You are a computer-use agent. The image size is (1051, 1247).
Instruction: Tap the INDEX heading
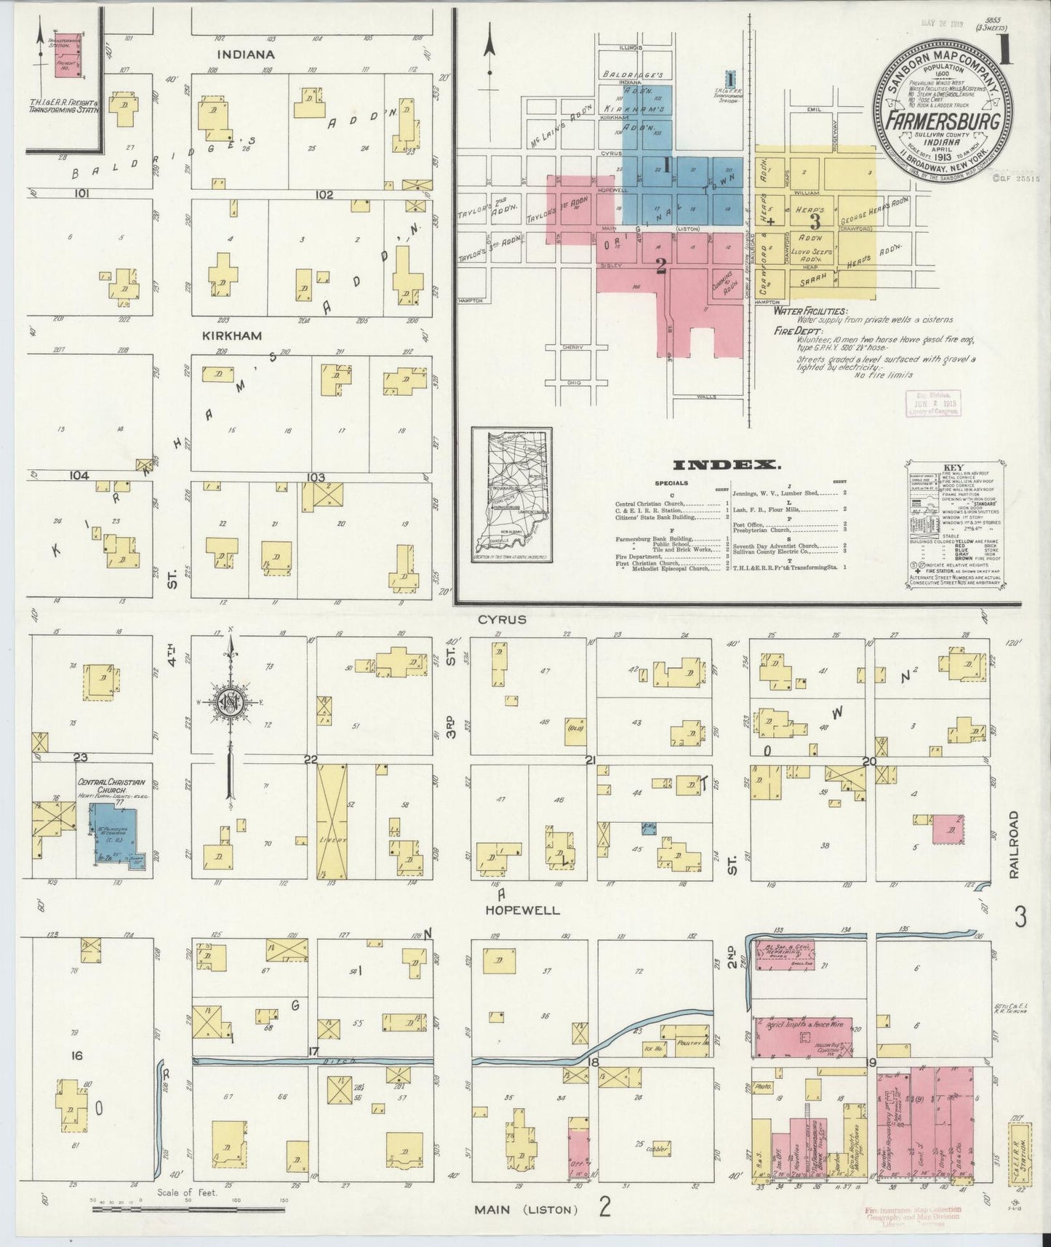[x=727, y=465]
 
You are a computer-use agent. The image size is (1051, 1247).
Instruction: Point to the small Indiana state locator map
[x=510, y=495]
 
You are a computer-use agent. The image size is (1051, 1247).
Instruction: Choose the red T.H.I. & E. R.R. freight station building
[x=66, y=55]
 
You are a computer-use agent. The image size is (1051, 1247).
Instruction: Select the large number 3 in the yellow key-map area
[x=815, y=220]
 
